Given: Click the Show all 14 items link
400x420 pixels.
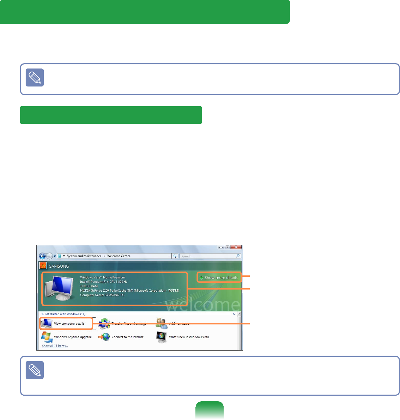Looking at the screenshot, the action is (x=55, y=346).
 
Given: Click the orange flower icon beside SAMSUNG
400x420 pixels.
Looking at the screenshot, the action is (x=43, y=266).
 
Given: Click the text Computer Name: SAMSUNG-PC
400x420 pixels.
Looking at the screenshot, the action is (x=102, y=295).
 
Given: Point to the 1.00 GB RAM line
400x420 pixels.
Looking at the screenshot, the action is (x=89, y=286).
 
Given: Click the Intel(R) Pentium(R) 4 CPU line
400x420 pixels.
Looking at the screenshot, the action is (x=104, y=282).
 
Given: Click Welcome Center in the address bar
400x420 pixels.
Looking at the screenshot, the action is (x=119, y=256).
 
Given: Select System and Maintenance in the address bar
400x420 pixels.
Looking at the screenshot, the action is (x=84, y=256).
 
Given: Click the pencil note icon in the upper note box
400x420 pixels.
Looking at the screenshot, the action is (x=35, y=78).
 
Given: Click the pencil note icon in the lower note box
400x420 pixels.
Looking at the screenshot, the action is (x=35, y=370).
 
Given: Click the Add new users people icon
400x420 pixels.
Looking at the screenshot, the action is (x=162, y=323).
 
